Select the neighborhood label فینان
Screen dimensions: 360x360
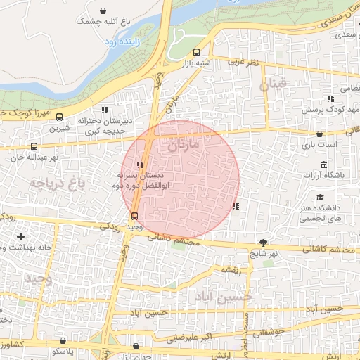click(274, 85)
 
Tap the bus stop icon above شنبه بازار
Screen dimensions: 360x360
click(196, 51)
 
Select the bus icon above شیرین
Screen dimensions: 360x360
click(59, 117)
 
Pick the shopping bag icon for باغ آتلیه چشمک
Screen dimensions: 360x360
click(104, 11)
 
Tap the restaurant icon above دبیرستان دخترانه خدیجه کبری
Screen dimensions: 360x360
click(105, 110)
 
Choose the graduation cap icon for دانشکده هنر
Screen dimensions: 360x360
click(321, 198)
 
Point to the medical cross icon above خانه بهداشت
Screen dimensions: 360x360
click(20, 236)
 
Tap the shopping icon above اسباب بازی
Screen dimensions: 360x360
click(320, 133)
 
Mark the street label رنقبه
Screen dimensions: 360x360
click(231, 269)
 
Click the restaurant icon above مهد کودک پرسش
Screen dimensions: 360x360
click(330, 99)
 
